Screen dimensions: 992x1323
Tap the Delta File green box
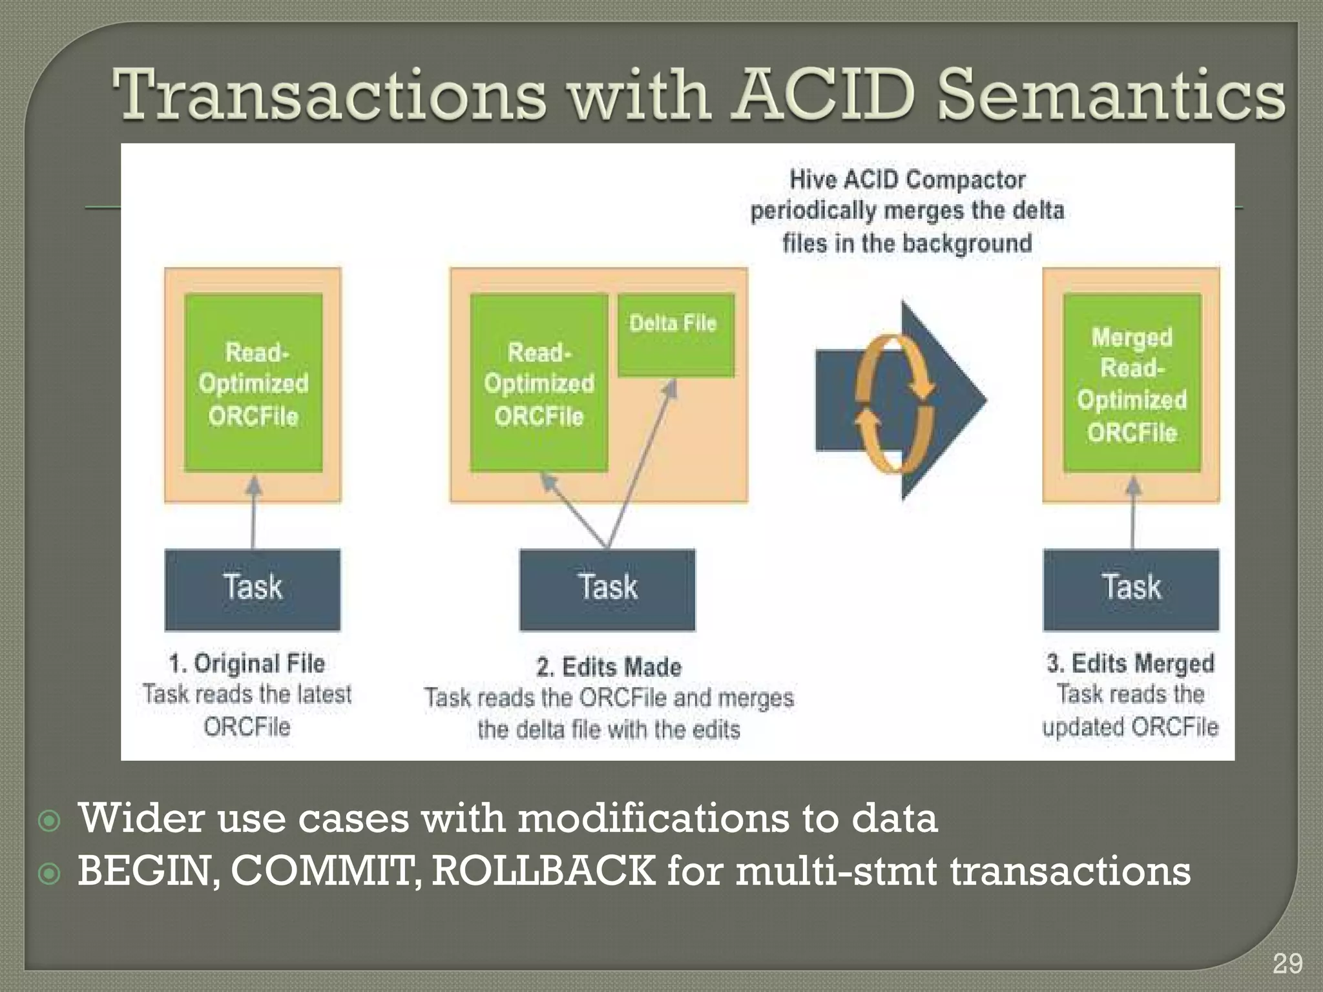(x=676, y=335)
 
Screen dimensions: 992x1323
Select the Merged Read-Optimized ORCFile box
(x=1132, y=383)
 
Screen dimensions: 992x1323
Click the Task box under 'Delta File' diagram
(x=607, y=589)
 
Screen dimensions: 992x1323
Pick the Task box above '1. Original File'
(x=253, y=589)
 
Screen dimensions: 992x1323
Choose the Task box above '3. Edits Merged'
(x=1131, y=589)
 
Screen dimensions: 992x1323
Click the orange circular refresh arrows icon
(x=894, y=403)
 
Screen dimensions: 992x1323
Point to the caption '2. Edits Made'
(x=609, y=666)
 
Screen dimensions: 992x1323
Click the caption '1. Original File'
(x=247, y=663)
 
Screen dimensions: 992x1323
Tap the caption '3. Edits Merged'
(x=1130, y=663)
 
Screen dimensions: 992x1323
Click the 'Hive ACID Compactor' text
(x=907, y=180)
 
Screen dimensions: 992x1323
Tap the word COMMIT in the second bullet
(x=326, y=871)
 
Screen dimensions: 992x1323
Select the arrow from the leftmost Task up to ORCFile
(x=253, y=513)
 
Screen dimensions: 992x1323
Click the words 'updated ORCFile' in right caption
(x=1130, y=727)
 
